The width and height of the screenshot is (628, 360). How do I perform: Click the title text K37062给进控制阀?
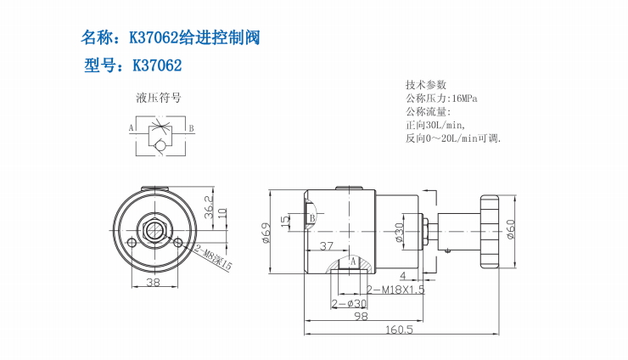click(170, 37)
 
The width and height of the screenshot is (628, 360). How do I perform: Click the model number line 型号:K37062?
click(133, 65)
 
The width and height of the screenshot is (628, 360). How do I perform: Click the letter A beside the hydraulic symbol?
click(132, 128)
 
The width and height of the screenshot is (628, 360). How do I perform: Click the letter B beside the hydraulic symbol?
click(191, 128)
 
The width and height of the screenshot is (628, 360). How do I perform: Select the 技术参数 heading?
click(425, 85)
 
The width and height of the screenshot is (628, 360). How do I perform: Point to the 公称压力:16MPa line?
click(441, 98)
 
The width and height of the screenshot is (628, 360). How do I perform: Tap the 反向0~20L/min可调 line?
click(453, 138)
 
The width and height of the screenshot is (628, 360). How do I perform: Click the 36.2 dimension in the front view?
click(210, 205)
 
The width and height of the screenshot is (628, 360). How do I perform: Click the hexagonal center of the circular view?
click(154, 229)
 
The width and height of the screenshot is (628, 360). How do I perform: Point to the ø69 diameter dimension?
click(266, 230)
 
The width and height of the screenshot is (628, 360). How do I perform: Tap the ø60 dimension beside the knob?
click(510, 230)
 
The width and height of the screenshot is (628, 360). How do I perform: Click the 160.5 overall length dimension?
click(397, 329)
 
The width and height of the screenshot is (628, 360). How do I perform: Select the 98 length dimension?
click(360, 316)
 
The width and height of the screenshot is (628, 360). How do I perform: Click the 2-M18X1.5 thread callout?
click(390, 290)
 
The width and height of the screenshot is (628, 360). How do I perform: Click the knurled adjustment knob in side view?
click(490, 230)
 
